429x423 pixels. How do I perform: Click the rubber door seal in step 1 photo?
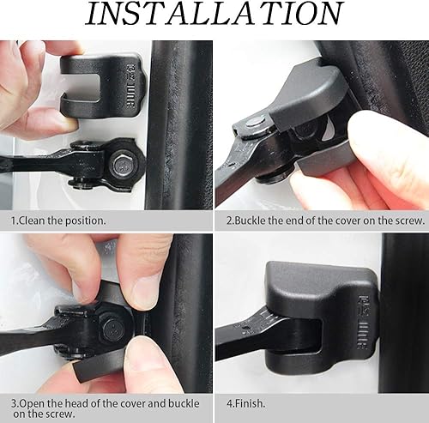click(x=176, y=120)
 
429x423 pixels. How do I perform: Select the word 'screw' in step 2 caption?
click(x=407, y=221)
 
